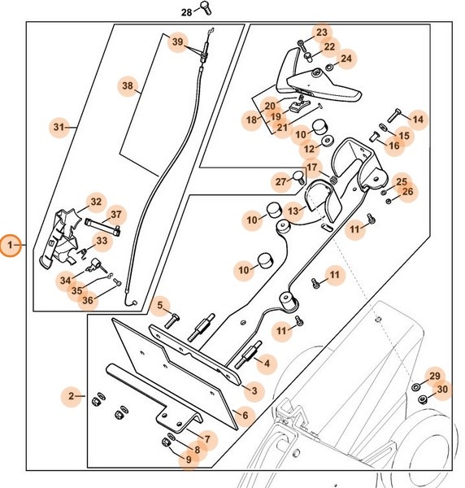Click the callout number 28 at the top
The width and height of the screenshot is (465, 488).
(187, 12)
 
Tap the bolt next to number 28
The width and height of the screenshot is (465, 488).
(206, 8)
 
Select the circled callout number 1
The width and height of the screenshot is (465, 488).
(11, 246)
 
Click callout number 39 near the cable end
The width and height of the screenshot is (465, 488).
(177, 41)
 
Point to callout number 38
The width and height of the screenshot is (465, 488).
(128, 85)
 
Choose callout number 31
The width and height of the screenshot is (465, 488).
(59, 127)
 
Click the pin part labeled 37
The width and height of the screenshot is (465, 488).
(103, 226)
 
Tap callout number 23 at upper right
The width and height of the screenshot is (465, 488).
(322, 33)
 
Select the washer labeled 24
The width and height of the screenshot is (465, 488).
(329, 67)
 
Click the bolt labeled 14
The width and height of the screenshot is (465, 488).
(394, 115)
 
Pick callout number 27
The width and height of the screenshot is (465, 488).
(280, 181)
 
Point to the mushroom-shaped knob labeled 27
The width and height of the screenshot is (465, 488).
(299, 177)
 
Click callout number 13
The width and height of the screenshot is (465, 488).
(293, 211)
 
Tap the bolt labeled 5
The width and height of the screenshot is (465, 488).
(172, 321)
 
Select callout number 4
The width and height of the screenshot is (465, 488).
(267, 363)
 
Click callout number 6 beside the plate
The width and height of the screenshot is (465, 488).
(245, 415)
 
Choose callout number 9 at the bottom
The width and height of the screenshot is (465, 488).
(189, 460)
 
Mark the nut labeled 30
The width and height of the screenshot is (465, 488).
(423, 399)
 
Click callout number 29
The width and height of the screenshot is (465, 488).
(435, 376)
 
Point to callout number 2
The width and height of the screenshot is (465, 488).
(72, 396)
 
